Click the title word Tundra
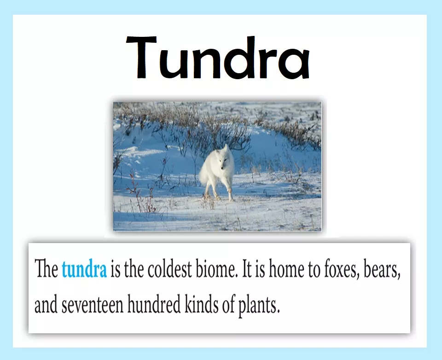(x=218, y=58)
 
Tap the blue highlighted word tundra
(x=84, y=269)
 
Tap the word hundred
(x=154, y=304)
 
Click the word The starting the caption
(x=46, y=269)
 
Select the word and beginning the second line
(x=46, y=304)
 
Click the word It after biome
(x=247, y=269)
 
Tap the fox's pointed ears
(x=222, y=149)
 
